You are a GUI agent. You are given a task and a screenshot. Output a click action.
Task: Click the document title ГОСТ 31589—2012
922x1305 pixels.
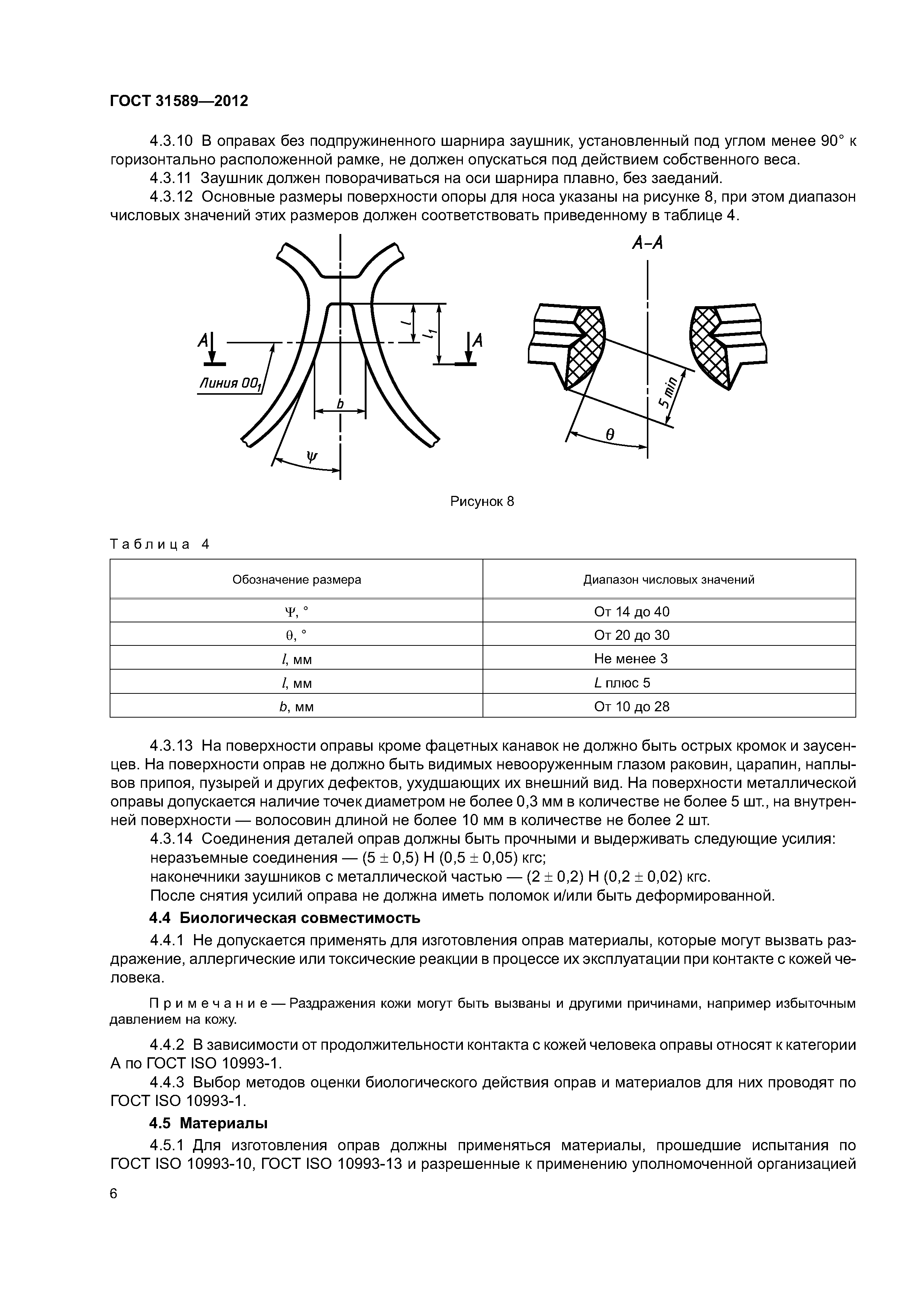[179, 101]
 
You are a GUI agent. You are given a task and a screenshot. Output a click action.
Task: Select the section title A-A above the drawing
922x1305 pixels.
[648, 243]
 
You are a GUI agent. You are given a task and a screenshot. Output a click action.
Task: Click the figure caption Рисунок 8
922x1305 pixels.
[482, 501]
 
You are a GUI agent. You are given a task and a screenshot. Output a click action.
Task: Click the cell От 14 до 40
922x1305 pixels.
[632, 612]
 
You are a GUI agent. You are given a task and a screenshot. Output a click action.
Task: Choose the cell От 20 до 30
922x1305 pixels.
[632, 635]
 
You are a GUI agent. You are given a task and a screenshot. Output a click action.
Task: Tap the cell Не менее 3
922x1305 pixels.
[631, 659]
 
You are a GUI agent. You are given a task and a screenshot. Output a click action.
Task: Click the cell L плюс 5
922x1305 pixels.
[622, 683]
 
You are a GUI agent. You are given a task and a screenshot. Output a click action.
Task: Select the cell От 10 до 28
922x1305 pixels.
[632, 706]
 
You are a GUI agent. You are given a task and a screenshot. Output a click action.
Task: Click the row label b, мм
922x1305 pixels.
[297, 706]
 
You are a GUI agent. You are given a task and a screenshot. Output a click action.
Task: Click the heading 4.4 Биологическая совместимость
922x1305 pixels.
[285, 917]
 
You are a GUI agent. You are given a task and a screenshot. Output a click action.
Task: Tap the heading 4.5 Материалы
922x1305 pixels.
[209, 1123]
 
